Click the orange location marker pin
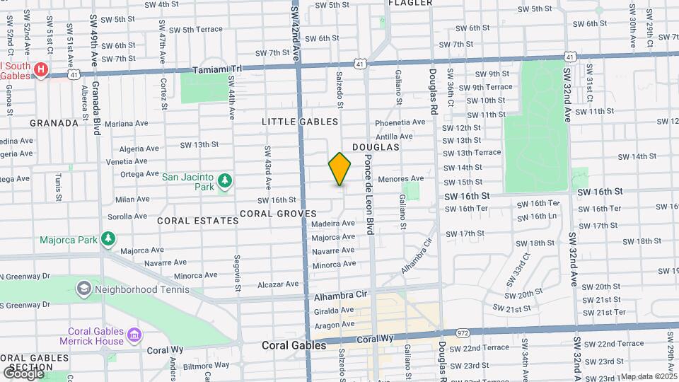point(340,169)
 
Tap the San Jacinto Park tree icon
point(225,180)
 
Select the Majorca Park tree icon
point(108,239)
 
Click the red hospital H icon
point(42,69)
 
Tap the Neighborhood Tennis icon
point(84,289)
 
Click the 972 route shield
point(463,332)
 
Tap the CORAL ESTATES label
point(198,221)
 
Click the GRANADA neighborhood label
point(54,123)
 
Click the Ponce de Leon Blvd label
point(368,193)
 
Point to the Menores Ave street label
point(401,178)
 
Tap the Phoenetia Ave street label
point(400,122)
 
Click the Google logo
point(23,373)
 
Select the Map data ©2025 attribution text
point(649,376)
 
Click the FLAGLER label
point(410,3)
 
